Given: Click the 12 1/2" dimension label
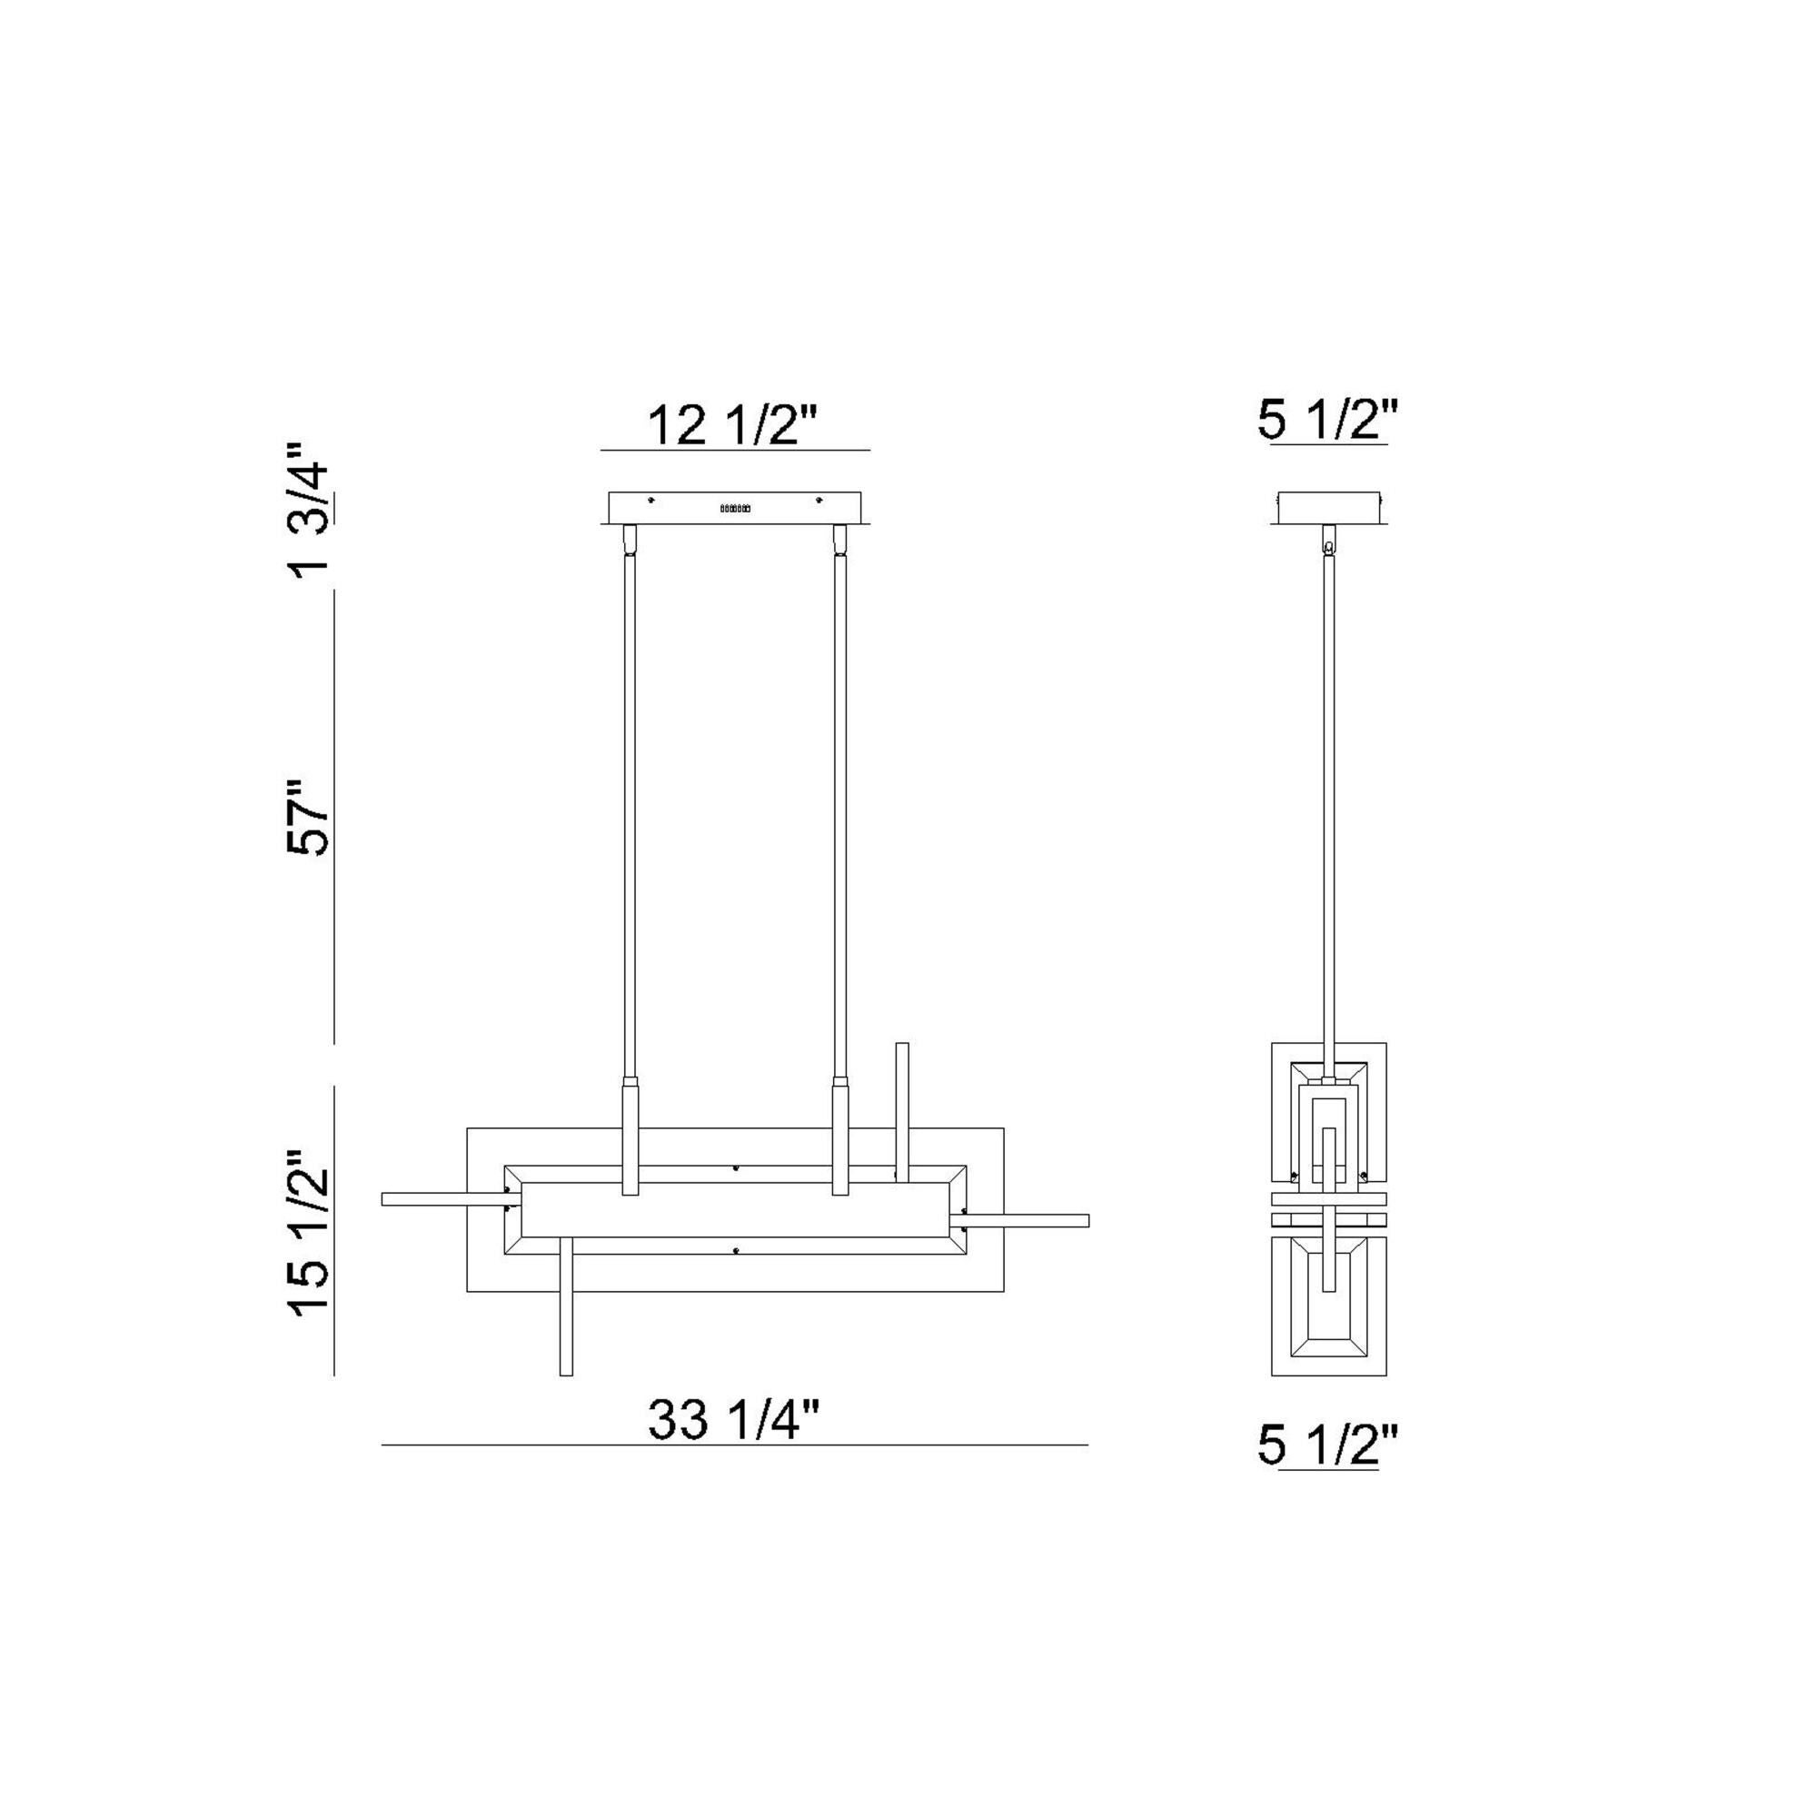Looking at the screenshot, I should pyautogui.click(x=734, y=425).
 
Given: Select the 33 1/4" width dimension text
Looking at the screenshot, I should pyautogui.click(x=734, y=1419).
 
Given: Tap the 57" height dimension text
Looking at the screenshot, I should pyautogui.click(x=310, y=816).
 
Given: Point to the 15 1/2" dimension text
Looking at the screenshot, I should pyautogui.click(x=310, y=1233).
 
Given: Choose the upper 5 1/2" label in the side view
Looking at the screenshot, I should pyautogui.click(x=1328, y=421).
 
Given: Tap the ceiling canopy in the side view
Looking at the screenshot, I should pyautogui.click(x=1328, y=508).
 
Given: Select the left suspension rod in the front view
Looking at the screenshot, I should pyautogui.click(x=630, y=819).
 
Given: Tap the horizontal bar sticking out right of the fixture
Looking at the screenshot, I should pyautogui.click(x=1035, y=1221).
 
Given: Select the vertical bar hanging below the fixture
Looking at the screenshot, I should pyautogui.click(x=566, y=1316).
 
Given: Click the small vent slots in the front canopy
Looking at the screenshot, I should pyautogui.click(x=734, y=508).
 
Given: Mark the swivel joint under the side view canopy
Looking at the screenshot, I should pyautogui.click(x=1328, y=544).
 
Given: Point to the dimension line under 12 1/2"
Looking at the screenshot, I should pyautogui.click(x=734, y=451).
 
